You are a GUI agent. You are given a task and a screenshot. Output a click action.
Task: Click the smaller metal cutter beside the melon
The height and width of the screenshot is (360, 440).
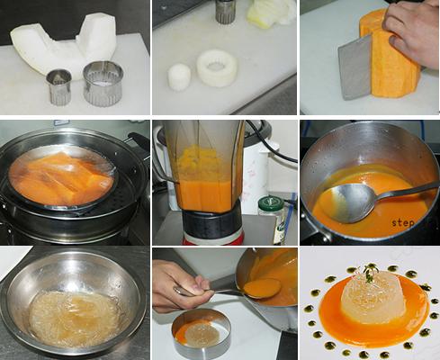(58, 86)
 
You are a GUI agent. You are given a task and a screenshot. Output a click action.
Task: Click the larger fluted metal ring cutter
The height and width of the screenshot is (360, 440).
(103, 83)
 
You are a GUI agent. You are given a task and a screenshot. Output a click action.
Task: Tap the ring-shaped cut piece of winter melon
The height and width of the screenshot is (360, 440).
(217, 68)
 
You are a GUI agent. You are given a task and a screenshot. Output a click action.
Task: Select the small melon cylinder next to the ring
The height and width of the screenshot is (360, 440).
(179, 76)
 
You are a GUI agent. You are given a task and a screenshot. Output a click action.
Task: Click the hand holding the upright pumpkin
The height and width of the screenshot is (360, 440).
(412, 32)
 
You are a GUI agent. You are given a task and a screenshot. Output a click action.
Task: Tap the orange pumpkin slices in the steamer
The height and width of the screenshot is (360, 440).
(61, 178)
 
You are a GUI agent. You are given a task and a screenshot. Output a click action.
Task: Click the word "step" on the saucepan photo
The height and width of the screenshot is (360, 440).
(403, 223)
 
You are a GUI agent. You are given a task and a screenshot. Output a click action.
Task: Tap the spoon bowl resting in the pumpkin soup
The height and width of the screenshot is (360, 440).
(350, 202)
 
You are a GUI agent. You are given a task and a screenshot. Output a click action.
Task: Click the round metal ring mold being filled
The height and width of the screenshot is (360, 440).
(201, 334)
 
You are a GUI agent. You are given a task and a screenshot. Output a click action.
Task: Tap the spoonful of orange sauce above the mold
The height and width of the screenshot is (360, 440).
(262, 287)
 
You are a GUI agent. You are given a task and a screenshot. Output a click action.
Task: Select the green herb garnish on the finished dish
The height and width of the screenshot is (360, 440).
(370, 273)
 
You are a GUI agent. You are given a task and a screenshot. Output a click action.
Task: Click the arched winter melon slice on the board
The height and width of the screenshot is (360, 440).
(64, 47)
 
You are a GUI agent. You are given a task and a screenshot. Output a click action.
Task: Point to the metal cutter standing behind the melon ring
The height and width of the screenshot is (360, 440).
(226, 12)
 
